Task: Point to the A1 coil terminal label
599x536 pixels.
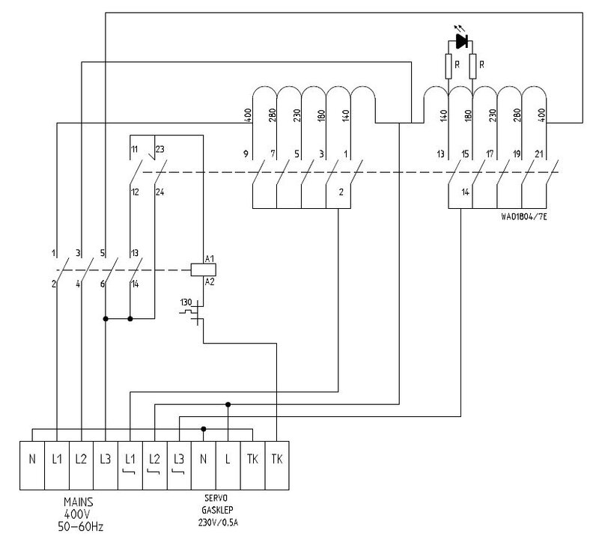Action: (211, 260)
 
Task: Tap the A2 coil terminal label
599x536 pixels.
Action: (211, 281)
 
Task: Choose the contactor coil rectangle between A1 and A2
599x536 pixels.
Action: (198, 270)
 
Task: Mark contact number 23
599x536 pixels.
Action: (159, 148)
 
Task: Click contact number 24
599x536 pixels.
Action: (159, 192)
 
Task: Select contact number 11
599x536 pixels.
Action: (135, 148)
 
